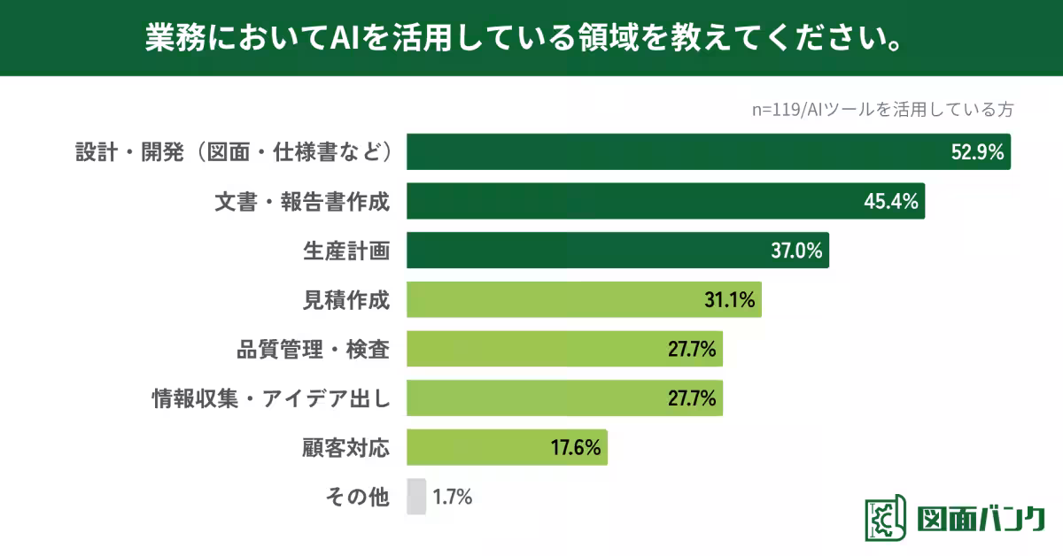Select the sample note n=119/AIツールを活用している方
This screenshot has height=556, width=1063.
[x=881, y=110]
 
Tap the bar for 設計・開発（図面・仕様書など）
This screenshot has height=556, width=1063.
[x=673, y=151]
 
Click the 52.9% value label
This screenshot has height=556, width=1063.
[x=977, y=152]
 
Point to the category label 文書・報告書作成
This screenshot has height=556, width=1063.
[x=302, y=202]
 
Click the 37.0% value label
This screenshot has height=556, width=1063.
[x=797, y=251]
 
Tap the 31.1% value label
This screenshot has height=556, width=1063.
[x=729, y=301]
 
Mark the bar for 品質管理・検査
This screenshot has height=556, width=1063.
[x=531, y=349]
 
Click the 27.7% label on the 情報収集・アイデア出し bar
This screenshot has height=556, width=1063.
[x=692, y=398]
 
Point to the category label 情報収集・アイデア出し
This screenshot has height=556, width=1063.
[x=271, y=398]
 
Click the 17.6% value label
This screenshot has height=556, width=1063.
[x=576, y=448]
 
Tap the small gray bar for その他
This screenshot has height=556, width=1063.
[x=416, y=497]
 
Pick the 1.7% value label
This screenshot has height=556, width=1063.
[x=453, y=498]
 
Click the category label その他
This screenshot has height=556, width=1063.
[x=357, y=498]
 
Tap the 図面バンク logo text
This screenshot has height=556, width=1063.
[x=981, y=520]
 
